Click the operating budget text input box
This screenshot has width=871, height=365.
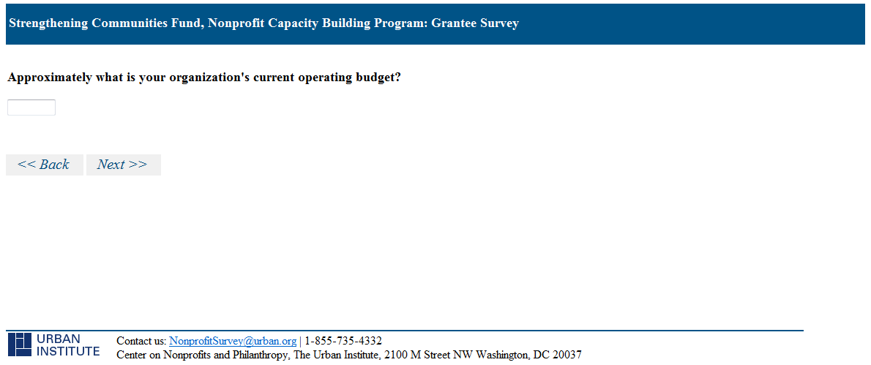pyautogui.click(x=31, y=108)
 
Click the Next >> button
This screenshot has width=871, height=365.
pyautogui.click(x=123, y=165)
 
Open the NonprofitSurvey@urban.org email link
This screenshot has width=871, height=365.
pyautogui.click(x=233, y=341)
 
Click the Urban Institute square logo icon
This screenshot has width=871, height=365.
pyautogui.click(x=20, y=345)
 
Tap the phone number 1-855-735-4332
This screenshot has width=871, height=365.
pyautogui.click(x=343, y=341)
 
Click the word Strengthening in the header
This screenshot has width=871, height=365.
pyautogui.click(x=48, y=23)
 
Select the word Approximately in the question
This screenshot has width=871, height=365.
pyautogui.click(x=50, y=78)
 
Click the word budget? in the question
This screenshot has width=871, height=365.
pyautogui.click(x=378, y=78)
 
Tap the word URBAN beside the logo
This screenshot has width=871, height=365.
pyautogui.click(x=59, y=339)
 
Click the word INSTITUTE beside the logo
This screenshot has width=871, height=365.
pyautogui.click(x=68, y=351)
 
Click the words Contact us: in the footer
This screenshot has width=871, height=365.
pyautogui.click(x=141, y=341)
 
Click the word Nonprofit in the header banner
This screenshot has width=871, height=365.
pyautogui.click(x=236, y=23)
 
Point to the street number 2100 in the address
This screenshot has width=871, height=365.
pyautogui.click(x=396, y=355)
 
